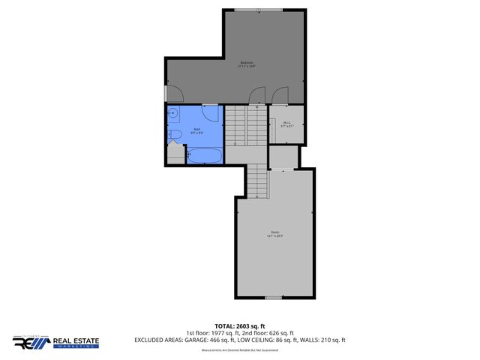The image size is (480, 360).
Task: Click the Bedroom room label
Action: [x=247, y=64]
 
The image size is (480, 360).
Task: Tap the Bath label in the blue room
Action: [x=197, y=130]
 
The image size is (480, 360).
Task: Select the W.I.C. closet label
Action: [x=286, y=124]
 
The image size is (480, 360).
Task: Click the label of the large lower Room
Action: [x=275, y=233]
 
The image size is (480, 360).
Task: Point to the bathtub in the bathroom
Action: [x=204, y=155]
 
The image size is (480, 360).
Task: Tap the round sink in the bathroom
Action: [x=172, y=115]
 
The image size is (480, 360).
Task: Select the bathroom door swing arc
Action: [x=211, y=115]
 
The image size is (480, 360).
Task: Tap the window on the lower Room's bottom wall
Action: [x=274, y=298]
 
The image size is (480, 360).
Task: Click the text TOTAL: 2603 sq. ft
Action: [x=240, y=326]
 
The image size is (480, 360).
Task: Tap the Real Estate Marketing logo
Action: [x=55, y=342]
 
